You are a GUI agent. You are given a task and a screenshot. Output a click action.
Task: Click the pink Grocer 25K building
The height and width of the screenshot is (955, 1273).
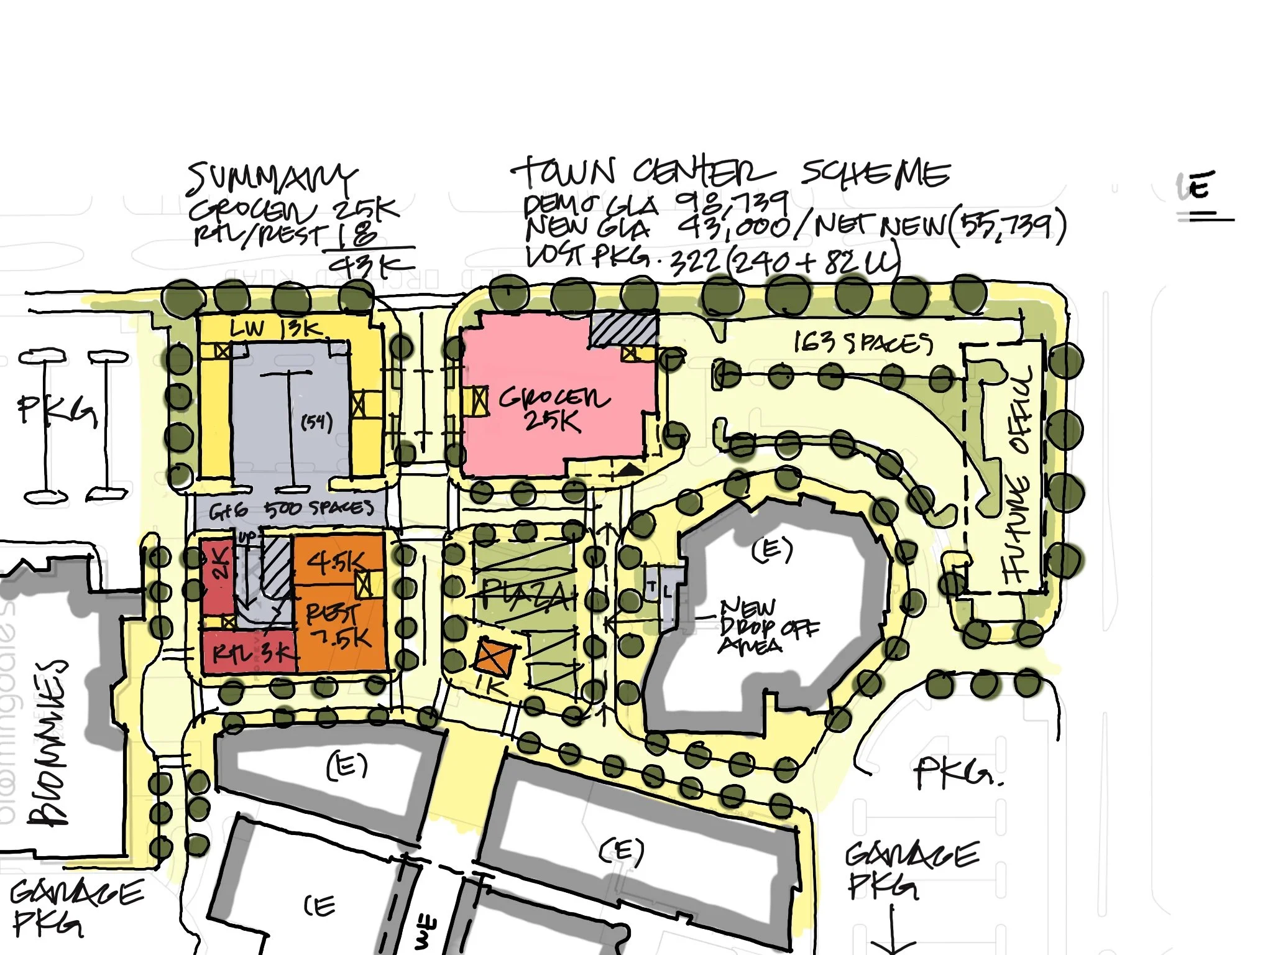tap(553, 404)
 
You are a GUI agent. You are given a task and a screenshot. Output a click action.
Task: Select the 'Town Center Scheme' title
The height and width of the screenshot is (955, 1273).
tap(730, 173)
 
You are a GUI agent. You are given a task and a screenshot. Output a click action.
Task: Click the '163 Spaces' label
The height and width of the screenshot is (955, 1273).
tap(863, 343)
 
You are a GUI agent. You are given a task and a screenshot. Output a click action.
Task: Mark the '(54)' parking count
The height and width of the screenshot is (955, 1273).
tap(316, 423)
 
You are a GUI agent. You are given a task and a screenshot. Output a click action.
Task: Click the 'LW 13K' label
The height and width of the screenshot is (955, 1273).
tap(273, 328)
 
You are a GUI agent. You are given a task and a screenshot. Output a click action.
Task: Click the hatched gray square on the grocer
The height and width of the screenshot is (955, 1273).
tap(623, 329)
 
